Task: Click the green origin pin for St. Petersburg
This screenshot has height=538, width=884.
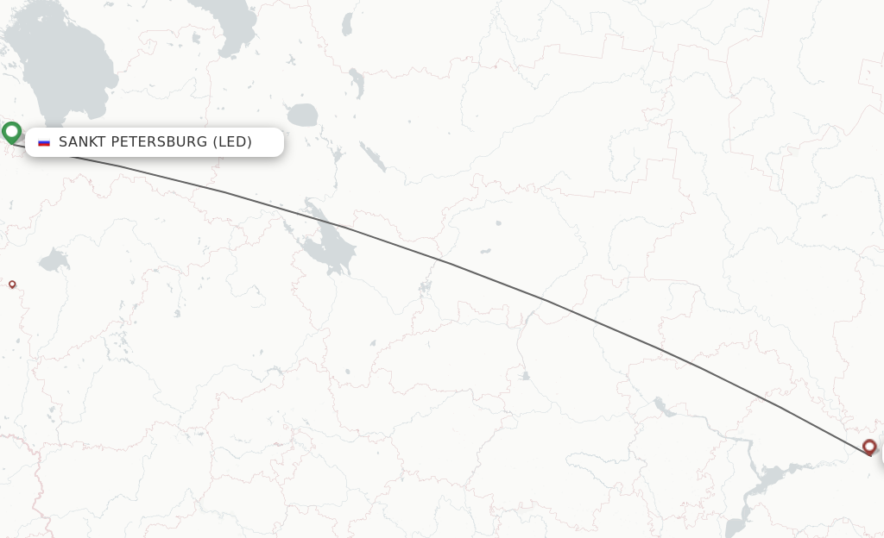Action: (11, 132)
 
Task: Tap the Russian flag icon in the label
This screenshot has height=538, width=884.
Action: (44, 142)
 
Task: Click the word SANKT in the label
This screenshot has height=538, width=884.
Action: (80, 142)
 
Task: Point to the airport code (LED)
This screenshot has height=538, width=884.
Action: (232, 142)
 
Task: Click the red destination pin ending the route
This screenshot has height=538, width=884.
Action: (869, 446)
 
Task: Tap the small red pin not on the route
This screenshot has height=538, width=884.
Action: (12, 284)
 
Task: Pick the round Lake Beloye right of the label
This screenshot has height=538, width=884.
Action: (302, 115)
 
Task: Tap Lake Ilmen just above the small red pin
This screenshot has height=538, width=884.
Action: (54, 259)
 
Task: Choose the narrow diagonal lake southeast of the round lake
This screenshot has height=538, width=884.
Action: (373, 157)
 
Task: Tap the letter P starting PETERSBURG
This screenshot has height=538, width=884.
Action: (117, 142)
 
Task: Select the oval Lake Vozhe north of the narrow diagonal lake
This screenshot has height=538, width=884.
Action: (356, 84)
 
